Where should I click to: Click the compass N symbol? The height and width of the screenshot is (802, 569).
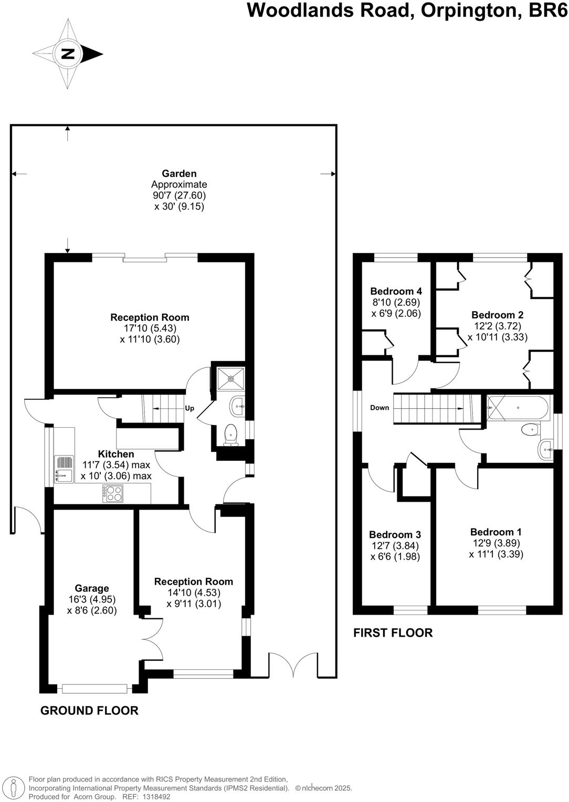tap(68, 54)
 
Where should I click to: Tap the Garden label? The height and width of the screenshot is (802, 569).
tap(179, 174)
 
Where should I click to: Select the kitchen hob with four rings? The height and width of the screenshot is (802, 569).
tap(113, 493)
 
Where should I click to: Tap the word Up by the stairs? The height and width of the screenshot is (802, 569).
tap(189, 408)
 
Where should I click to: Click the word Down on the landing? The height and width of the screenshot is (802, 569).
tap(380, 408)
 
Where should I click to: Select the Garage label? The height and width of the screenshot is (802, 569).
tap(92, 588)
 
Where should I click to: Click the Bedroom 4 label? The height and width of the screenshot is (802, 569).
tap(396, 291)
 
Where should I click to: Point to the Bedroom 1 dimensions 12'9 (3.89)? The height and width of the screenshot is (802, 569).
tap(496, 543)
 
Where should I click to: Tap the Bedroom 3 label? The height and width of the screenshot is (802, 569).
tap(395, 535)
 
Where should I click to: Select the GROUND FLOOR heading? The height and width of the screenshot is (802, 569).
tap(89, 711)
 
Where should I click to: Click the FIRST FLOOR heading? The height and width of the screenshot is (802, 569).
tap(393, 632)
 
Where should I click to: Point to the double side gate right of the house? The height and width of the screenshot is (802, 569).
tap(287, 664)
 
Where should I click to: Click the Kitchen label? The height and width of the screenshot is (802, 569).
tap(116, 454)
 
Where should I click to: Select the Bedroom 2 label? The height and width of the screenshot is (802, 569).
tap(497, 315)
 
